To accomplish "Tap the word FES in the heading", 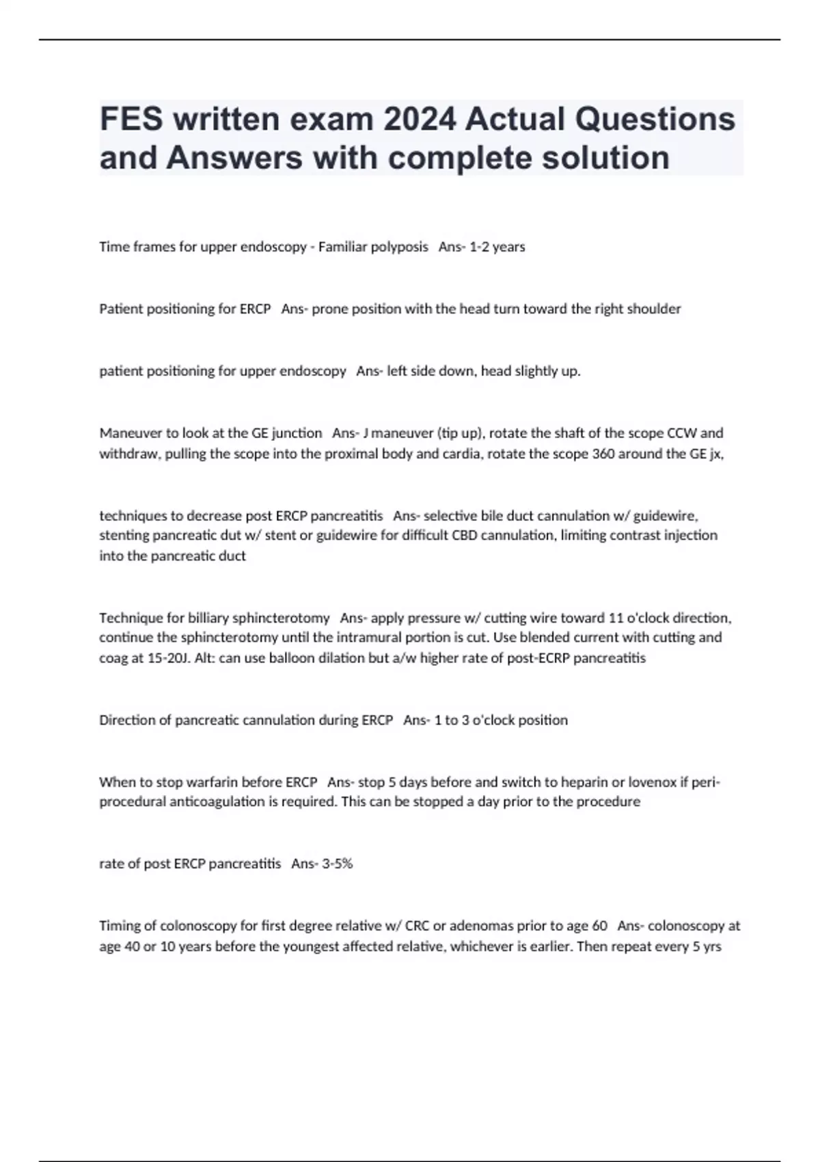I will (x=131, y=119).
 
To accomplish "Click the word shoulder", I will (x=653, y=309).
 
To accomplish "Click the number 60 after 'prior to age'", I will (x=599, y=926).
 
